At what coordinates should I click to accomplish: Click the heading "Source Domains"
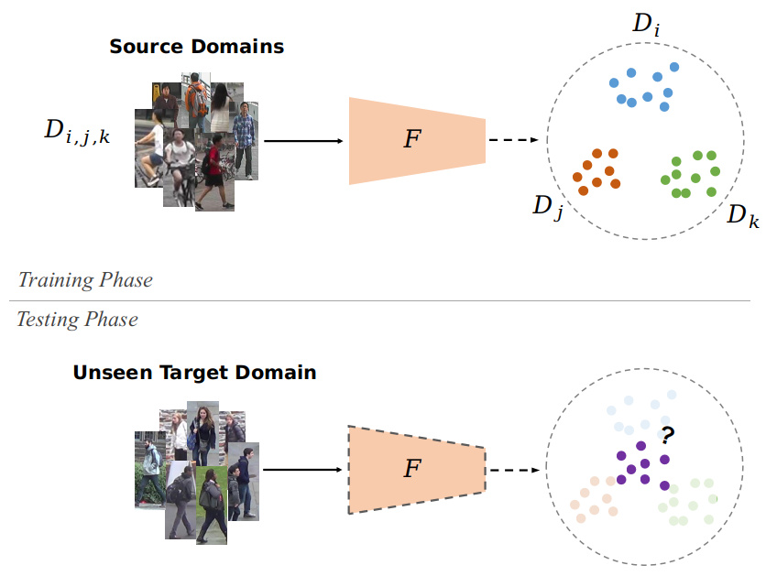196,47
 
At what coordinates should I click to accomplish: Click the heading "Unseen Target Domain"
194,373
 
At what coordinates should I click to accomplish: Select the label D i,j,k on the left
77,134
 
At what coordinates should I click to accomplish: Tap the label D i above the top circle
646,26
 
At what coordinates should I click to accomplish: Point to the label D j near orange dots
546,206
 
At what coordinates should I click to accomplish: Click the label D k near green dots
742,217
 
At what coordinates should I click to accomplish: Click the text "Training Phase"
85,280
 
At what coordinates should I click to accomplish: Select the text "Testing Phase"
77,320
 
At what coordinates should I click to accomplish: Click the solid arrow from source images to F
302,141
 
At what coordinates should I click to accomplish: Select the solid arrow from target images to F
302,471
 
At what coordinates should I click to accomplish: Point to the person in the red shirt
214,165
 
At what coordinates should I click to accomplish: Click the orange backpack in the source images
196,98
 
